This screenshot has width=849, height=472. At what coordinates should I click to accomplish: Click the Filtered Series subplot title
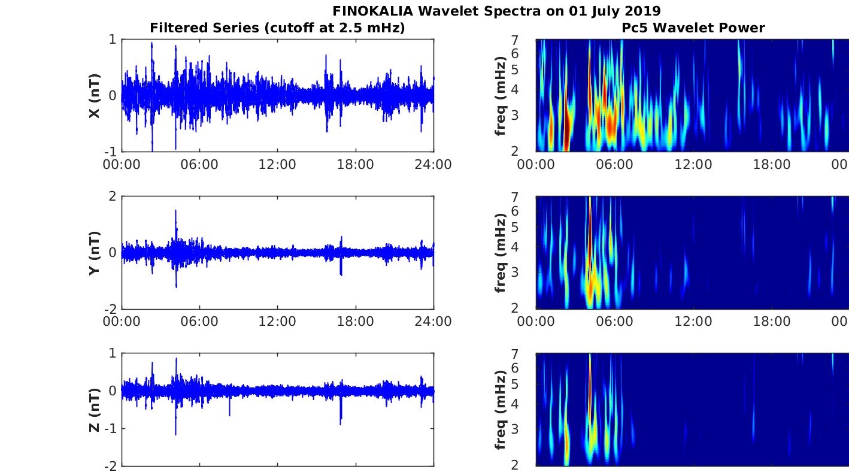tap(277, 28)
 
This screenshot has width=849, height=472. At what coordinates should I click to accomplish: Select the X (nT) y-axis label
tap(94, 96)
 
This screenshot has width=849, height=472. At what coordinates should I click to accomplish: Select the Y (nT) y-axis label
tap(94, 253)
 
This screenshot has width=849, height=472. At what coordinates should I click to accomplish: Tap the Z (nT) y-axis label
tap(94, 410)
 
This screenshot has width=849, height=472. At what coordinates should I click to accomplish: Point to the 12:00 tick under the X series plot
tap(277, 164)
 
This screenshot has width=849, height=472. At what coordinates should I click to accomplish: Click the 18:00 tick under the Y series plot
tap(356, 322)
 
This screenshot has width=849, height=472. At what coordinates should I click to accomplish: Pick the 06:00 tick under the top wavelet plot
tap(615, 164)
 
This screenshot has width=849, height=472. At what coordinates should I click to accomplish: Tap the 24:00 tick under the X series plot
tap(433, 164)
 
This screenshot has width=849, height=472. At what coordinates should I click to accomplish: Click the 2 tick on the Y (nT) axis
tap(111, 196)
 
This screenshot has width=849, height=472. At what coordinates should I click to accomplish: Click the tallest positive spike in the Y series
tap(175, 211)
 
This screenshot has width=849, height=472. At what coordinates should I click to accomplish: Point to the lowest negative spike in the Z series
tap(175, 434)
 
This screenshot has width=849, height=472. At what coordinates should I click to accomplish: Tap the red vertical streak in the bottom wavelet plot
tap(590, 383)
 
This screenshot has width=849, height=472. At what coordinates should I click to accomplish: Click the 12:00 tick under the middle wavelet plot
tap(693, 322)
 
